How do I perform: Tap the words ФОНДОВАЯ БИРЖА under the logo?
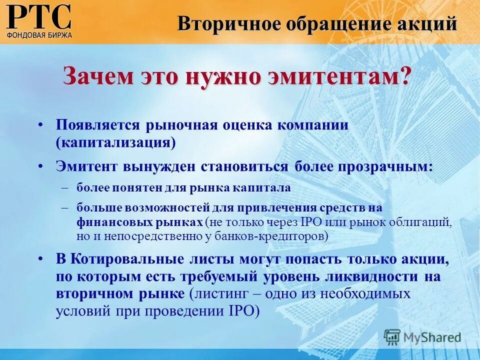click(39, 35)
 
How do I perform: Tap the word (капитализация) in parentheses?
click(115, 142)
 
